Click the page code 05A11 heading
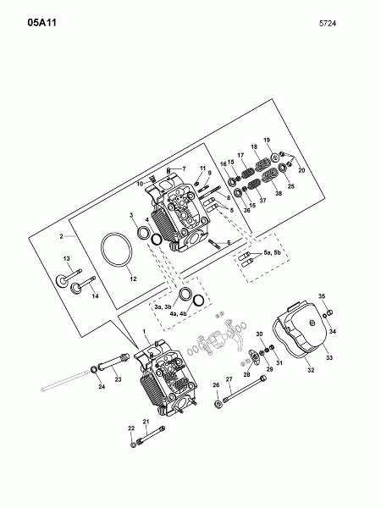[41, 23]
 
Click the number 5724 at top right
[328, 24]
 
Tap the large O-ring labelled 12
[117, 250]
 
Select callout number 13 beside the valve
[66, 258]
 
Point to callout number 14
[95, 296]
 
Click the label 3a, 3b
[163, 306]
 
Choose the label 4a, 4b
[178, 313]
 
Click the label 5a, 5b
[272, 252]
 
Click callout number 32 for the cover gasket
[311, 370]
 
